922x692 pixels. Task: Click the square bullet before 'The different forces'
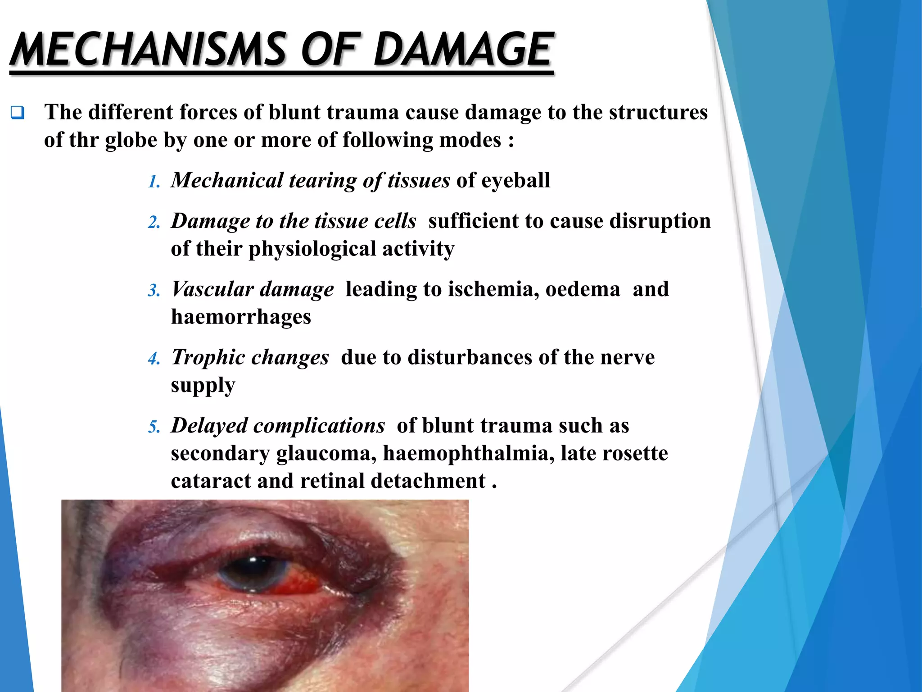18,112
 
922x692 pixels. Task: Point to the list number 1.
154,182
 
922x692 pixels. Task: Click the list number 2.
154,223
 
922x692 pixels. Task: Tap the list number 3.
154,291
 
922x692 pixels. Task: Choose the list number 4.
154,359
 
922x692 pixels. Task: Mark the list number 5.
154,427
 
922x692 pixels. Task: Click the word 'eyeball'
515,181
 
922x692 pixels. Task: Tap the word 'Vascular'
212,289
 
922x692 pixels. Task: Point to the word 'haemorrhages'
241,317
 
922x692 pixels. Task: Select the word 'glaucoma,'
326,454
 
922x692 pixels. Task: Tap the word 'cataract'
211,481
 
